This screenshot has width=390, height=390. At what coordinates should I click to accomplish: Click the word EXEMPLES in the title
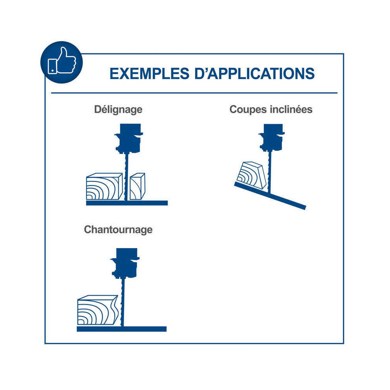(x=149, y=74)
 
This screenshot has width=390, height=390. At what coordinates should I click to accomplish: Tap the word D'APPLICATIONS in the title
(x=255, y=74)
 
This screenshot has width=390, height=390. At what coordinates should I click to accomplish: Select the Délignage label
(x=118, y=110)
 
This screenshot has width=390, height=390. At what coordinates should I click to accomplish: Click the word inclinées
(x=291, y=110)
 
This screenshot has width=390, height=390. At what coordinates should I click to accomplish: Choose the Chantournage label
(x=118, y=230)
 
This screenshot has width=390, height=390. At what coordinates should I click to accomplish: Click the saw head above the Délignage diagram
(x=129, y=138)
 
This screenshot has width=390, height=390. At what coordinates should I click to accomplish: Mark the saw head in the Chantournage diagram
(x=125, y=263)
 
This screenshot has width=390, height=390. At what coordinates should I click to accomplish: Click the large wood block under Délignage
(x=105, y=186)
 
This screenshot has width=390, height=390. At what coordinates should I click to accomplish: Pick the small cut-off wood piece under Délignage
(x=138, y=186)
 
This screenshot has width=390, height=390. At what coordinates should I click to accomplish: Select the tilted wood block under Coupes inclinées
(x=252, y=175)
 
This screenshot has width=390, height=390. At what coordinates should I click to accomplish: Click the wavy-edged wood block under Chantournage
(x=98, y=310)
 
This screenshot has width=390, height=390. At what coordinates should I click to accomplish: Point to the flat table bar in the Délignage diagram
(x=127, y=203)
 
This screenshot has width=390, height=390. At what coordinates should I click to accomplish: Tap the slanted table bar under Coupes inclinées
(x=270, y=196)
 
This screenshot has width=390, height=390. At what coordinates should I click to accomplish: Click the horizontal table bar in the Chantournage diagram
(x=122, y=329)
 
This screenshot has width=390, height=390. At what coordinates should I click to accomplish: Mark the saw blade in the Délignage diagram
(x=126, y=177)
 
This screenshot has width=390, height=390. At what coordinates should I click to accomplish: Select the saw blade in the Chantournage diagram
(x=122, y=302)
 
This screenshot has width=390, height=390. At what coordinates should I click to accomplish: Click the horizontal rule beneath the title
(x=194, y=93)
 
